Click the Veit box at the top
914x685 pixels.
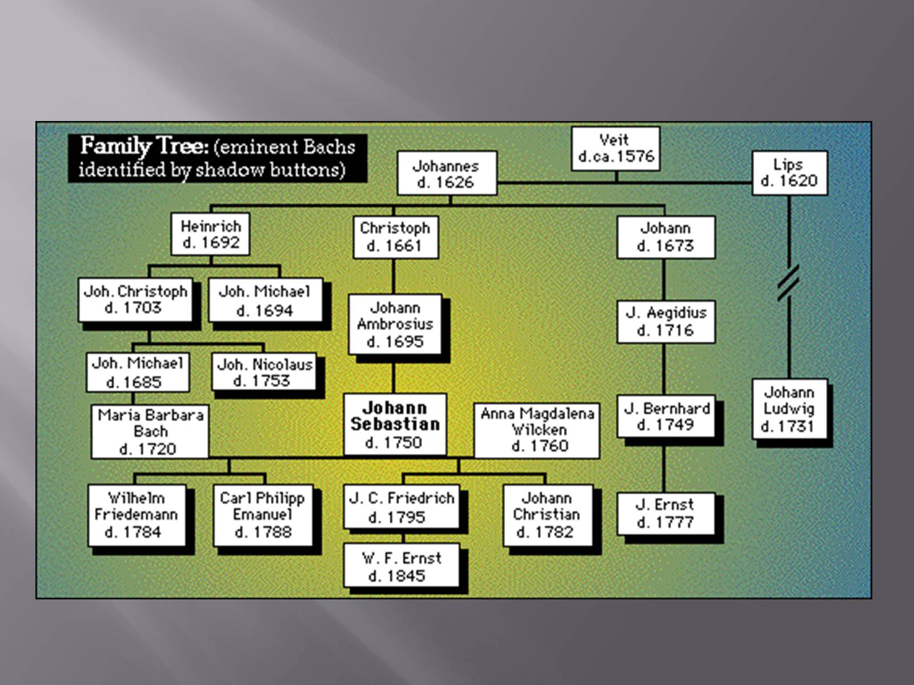coord(615,148)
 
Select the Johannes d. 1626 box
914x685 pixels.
coord(446,174)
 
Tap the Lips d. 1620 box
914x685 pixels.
coord(789,172)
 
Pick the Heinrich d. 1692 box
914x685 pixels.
coord(210,234)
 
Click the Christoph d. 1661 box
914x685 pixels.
coord(395,237)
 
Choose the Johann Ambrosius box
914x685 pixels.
coord(395,324)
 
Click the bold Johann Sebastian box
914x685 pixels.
coord(395,424)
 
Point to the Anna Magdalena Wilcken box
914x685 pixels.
coord(537,430)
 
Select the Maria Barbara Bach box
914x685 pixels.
coord(150,432)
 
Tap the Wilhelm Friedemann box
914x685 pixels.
coord(137,515)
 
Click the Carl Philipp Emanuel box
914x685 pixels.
coord(263,515)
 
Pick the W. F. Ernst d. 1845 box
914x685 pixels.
coord(401,566)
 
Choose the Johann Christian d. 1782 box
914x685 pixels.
coord(547,515)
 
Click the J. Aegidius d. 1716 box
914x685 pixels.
coord(666,321)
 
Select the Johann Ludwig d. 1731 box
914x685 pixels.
coord(789,409)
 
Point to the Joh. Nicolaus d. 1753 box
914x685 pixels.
coord(264,372)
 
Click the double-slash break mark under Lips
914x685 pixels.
coord(788,283)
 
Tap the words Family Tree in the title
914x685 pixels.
coord(144,146)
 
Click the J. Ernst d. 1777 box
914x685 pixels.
coord(666,513)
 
